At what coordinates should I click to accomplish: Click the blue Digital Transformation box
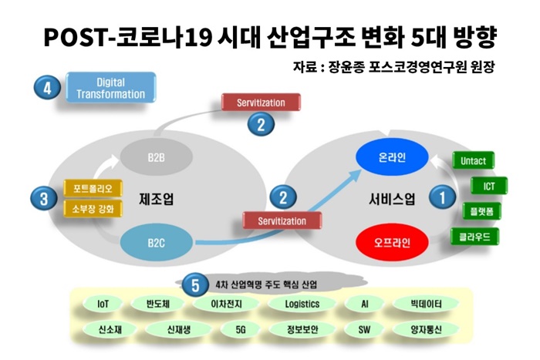click(x=111, y=88)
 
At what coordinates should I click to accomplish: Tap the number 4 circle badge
click(x=47, y=88)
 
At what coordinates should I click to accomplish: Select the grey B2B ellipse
click(x=156, y=157)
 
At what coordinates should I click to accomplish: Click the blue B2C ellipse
click(x=156, y=243)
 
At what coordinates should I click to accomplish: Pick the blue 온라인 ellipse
click(x=392, y=157)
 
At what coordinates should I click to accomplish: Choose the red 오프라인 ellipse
click(x=392, y=243)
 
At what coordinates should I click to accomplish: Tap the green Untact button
click(x=473, y=160)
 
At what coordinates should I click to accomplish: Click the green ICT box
click(x=489, y=187)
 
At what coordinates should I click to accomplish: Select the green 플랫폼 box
click(x=481, y=211)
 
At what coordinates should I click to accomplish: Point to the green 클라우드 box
click(x=474, y=237)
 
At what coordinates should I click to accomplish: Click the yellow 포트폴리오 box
click(x=93, y=188)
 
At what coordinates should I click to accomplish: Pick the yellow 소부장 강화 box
click(x=93, y=209)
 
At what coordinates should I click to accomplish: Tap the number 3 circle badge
click(x=44, y=199)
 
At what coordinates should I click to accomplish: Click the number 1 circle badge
click(x=442, y=197)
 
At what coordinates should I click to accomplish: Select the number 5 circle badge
click(x=195, y=285)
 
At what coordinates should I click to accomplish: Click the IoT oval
click(x=103, y=304)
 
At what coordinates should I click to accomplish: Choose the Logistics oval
click(x=302, y=304)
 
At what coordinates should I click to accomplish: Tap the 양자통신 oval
click(x=426, y=330)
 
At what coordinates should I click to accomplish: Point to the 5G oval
click(x=241, y=330)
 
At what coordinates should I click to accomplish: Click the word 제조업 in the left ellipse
click(x=156, y=199)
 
